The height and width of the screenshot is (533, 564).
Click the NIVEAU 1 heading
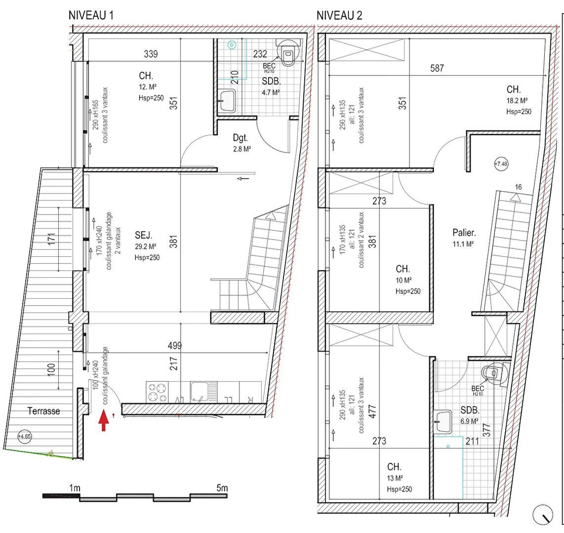pos(91,15)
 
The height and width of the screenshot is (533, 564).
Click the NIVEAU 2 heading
pos(339,15)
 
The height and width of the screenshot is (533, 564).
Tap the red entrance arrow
pos(104,421)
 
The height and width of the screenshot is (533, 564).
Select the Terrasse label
pos(43,411)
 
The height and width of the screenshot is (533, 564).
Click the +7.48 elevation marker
pos(502,164)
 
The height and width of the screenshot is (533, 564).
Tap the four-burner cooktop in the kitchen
pos(157,392)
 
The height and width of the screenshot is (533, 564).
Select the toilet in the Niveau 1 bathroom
pos(288,53)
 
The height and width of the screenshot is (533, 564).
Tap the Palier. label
pos(464,233)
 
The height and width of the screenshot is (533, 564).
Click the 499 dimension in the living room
pos(175,346)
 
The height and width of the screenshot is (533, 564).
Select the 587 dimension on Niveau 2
pos(437,68)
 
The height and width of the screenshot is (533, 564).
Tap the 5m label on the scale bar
pos(222,488)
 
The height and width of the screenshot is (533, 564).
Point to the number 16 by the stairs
pos(518,187)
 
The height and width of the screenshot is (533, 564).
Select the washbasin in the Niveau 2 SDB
pos(444,420)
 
